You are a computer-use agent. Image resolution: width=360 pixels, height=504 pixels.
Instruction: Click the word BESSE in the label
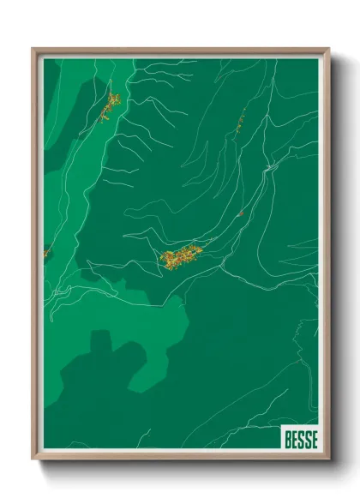click(x=299, y=440)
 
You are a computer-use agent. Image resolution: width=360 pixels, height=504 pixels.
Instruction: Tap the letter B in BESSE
click(x=287, y=440)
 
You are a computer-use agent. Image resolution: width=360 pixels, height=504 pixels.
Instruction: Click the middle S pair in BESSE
click(x=300, y=440)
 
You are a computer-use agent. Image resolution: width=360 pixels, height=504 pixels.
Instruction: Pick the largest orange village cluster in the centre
click(x=181, y=255)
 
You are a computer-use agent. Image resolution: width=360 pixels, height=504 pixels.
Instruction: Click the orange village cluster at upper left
click(x=110, y=107)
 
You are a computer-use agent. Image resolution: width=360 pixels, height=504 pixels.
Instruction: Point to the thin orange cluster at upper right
click(x=241, y=120)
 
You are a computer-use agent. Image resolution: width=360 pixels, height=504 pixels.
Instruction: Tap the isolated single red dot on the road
click(x=242, y=213)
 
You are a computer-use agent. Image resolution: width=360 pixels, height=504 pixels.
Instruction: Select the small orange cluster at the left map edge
click(x=47, y=252)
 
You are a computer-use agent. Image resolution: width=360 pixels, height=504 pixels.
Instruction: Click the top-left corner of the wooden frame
click(x=33, y=49)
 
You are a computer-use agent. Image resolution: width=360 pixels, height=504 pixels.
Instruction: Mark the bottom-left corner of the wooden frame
click(x=33, y=459)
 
